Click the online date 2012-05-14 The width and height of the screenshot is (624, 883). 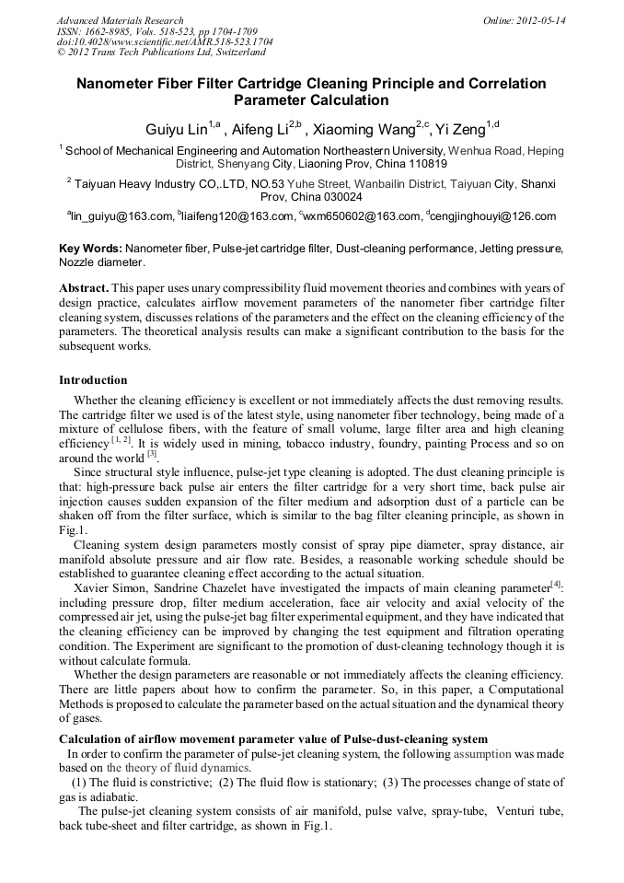click(x=541, y=19)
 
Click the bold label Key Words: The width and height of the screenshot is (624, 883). click(x=90, y=249)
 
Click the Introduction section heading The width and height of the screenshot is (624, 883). click(x=93, y=380)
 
